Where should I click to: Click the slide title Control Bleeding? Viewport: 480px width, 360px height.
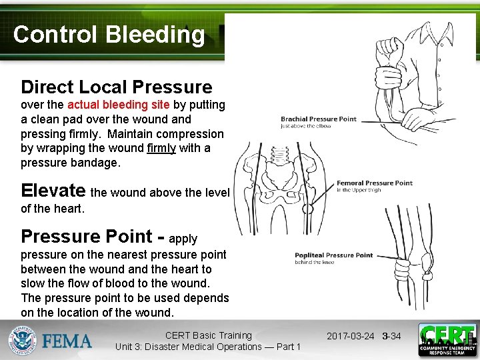pos(109,35)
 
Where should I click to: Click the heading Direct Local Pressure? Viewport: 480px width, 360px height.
pos(117,87)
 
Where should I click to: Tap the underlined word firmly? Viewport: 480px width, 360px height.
pos(161,148)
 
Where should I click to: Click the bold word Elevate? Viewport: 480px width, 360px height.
pos(53,191)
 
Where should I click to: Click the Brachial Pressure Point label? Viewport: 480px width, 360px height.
pos(319,119)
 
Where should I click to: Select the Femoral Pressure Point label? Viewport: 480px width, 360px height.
pos(374,183)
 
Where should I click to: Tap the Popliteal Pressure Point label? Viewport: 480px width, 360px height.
pos(334,255)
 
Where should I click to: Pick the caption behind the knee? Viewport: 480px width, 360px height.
pos(315,262)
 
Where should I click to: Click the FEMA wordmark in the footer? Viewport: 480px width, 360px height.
pos(67,341)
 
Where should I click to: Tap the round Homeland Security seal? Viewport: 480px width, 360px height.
pos(23,341)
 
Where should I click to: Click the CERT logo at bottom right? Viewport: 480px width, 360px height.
pos(447,340)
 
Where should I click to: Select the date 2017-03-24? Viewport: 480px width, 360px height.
pos(350,336)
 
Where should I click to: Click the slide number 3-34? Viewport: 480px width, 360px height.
pos(391,336)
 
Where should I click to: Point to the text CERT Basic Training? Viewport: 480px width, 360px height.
pos(208,335)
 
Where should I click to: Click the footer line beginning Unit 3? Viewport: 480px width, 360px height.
pos(208,347)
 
